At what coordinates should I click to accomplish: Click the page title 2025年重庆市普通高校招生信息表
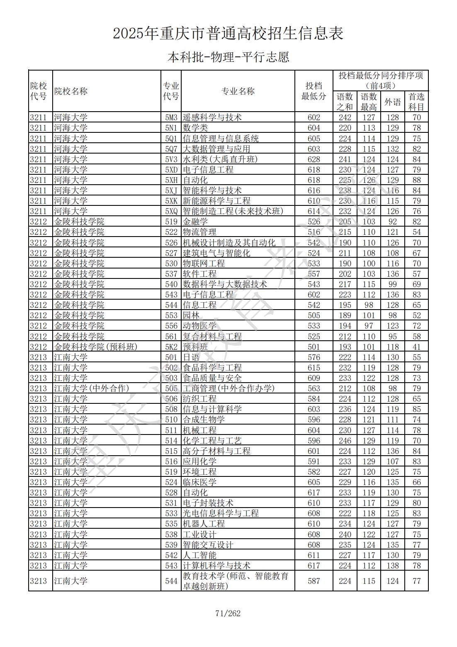[228, 34]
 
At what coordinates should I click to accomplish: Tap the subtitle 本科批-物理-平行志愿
[228, 57]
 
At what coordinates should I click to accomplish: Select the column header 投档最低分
[314, 91]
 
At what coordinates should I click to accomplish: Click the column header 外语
[392, 102]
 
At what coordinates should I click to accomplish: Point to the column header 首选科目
[416, 102]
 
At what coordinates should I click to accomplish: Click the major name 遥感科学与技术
[212, 117]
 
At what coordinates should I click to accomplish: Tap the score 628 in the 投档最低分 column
[314, 159]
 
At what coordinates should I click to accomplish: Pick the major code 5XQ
[171, 211]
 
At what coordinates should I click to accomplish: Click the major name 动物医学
[199, 326]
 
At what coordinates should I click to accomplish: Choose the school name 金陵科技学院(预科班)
[95, 347]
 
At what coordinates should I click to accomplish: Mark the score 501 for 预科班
[314, 347]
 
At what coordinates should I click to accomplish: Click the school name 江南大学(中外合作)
[91, 388]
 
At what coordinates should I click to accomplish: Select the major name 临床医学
[199, 482]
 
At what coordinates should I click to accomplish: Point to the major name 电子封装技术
[208, 503]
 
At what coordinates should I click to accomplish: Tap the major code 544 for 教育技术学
[171, 581]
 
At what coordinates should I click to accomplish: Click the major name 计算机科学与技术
[216, 566]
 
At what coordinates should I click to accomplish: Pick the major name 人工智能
[199, 555]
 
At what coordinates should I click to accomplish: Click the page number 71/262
[228, 613]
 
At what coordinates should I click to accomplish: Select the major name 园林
[191, 315]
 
